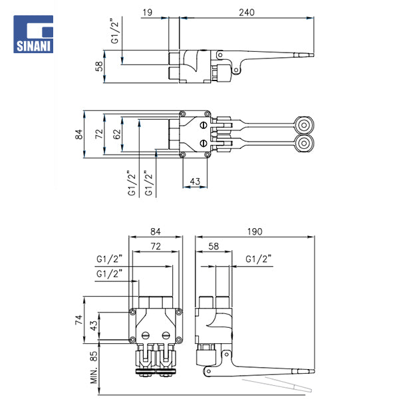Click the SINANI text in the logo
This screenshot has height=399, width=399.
(33, 47)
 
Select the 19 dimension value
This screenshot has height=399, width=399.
(147, 12)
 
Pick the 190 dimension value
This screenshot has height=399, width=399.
(254, 232)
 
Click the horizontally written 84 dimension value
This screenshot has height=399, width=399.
(156, 232)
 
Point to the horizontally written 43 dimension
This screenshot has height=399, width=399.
(195, 181)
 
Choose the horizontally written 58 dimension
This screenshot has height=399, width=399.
(213, 247)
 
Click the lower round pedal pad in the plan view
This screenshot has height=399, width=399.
(305, 144)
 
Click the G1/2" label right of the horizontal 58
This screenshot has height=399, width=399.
(258, 259)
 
